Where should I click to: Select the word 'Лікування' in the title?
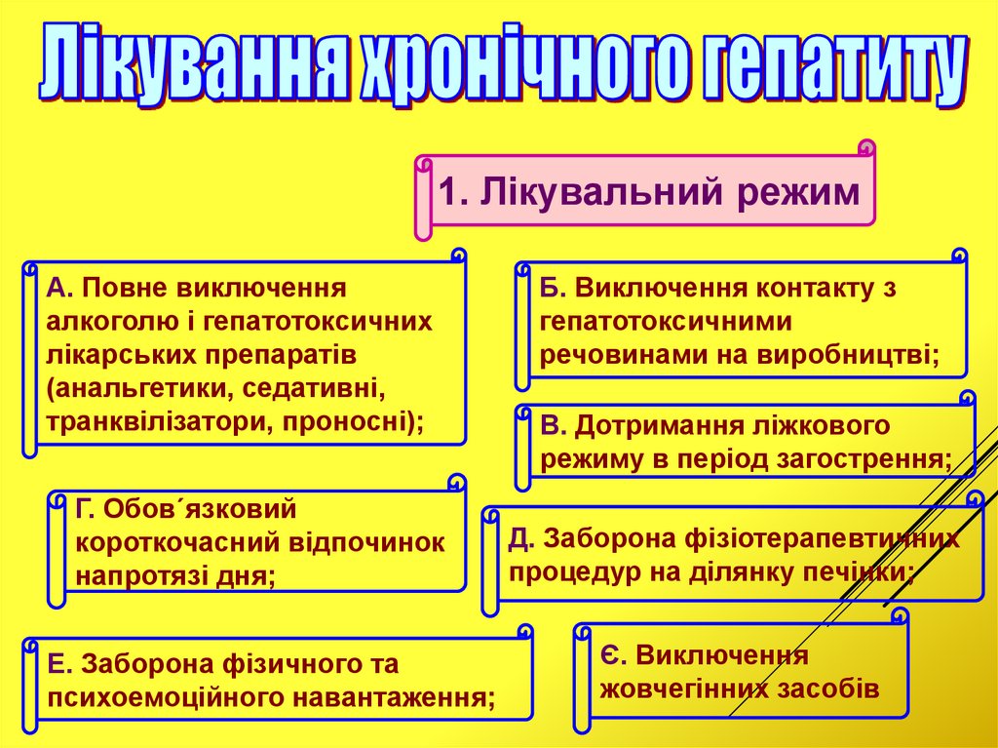pyautogui.click(x=194, y=68)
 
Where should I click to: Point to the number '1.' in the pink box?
pyautogui.click(x=454, y=191)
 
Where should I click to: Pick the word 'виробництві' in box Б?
pyautogui.click(x=859, y=356)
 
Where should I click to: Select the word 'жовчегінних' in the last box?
pyautogui.click(x=683, y=688)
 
